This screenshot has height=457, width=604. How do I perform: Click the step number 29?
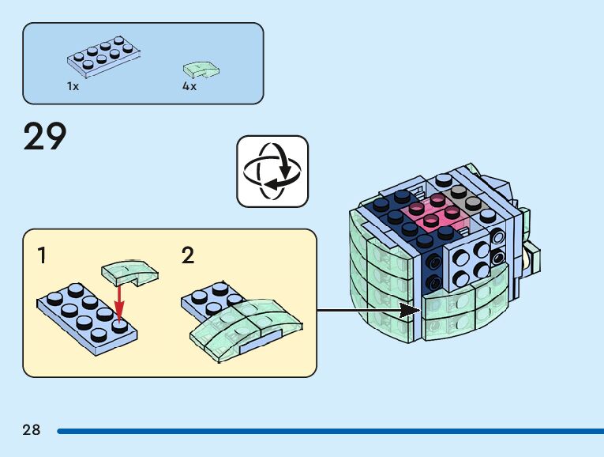pyautogui.click(x=45, y=136)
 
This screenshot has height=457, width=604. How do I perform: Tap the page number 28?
pyautogui.click(x=32, y=430)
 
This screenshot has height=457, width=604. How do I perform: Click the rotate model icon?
pyautogui.click(x=272, y=171)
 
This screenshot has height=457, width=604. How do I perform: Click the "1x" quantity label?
pyautogui.click(x=73, y=86)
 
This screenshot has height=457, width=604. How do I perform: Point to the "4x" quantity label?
pyautogui.click(x=189, y=86)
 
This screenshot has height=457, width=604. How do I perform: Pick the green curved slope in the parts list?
pyautogui.click(x=201, y=70)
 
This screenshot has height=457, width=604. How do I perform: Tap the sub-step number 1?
pyautogui.click(x=42, y=255)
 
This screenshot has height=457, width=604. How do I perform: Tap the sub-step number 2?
pyautogui.click(x=188, y=255)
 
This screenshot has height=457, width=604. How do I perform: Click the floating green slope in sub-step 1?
pyautogui.click(x=130, y=274)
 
